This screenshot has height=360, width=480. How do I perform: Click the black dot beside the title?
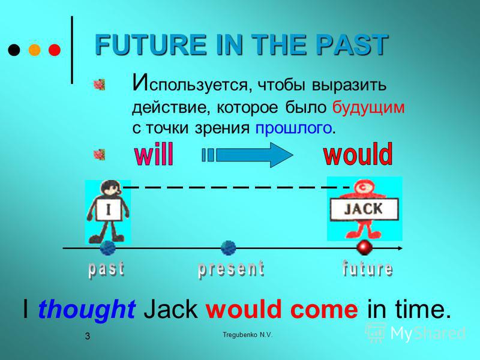(14, 50)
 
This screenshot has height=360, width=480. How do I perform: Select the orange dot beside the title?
(35, 50)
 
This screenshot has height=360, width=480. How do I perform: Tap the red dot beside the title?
(55, 50)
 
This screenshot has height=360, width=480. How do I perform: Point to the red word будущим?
(368, 108)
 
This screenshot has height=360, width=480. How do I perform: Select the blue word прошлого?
(293, 128)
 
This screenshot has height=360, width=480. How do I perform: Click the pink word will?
(154, 154)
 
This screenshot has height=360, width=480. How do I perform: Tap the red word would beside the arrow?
(358, 154)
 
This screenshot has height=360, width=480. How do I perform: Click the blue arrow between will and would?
(247, 155)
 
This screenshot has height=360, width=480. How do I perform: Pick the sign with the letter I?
(109, 209)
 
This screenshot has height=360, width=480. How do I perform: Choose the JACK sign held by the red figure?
(364, 209)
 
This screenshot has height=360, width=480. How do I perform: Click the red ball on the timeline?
(364, 247)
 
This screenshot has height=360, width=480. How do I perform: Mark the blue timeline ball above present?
(229, 248)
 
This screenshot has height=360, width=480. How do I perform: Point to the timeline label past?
(107, 269)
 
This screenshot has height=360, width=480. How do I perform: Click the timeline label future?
(367, 269)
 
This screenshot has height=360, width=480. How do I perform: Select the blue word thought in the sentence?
(86, 309)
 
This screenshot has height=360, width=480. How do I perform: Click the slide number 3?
(88, 336)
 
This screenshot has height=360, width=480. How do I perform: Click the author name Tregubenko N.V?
(247, 335)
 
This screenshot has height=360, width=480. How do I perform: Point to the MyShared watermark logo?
(415, 332)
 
